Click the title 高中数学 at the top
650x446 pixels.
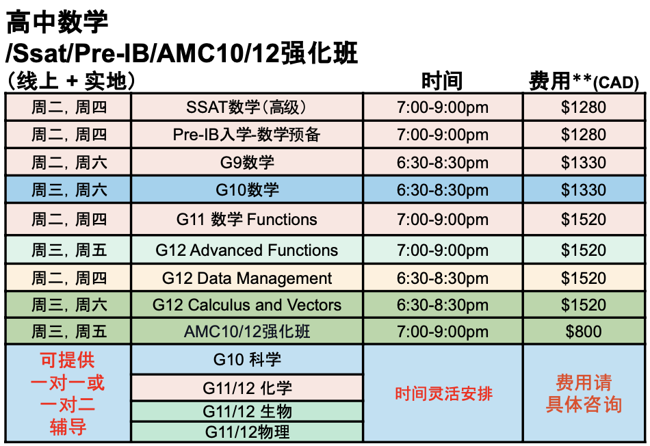(57, 22)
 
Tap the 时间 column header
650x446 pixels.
(442, 81)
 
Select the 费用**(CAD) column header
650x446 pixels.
(584, 81)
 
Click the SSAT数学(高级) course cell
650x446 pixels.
(246, 107)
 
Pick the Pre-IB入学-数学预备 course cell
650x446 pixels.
(246, 135)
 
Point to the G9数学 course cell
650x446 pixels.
(246, 162)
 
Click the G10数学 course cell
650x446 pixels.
(246, 190)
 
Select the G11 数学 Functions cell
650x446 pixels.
(246, 220)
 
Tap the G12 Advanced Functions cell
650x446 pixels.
(246, 250)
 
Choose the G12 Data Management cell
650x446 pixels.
(246, 278)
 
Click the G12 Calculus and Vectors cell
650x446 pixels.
(246, 305)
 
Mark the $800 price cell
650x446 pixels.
(584, 332)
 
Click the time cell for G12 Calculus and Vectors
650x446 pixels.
(442, 305)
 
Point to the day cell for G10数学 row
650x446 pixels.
(69, 190)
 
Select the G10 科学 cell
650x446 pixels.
(247, 359)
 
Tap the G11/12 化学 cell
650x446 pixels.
(247, 389)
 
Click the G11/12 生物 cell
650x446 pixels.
(247, 412)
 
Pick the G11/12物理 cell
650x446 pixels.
(247, 432)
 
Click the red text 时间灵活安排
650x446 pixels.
(443, 393)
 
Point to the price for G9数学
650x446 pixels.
(584, 162)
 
